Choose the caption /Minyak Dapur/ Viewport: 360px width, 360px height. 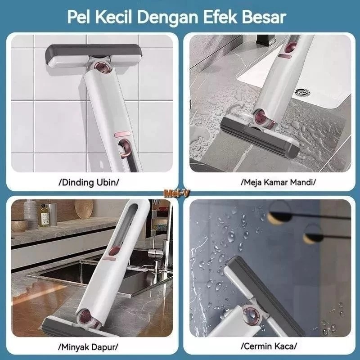coord(89,347)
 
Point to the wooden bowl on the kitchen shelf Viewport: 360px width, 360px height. coord(19,225)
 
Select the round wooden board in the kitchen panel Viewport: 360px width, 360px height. coord(84,209)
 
